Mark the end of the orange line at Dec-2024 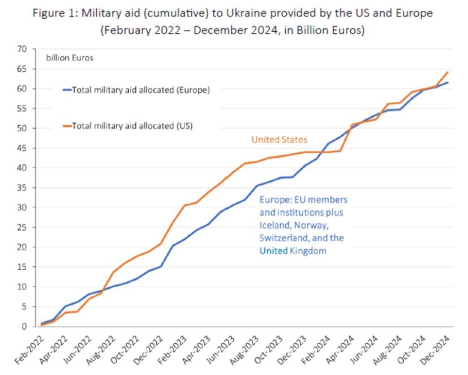click(448, 72)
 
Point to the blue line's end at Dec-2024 click(448, 83)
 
